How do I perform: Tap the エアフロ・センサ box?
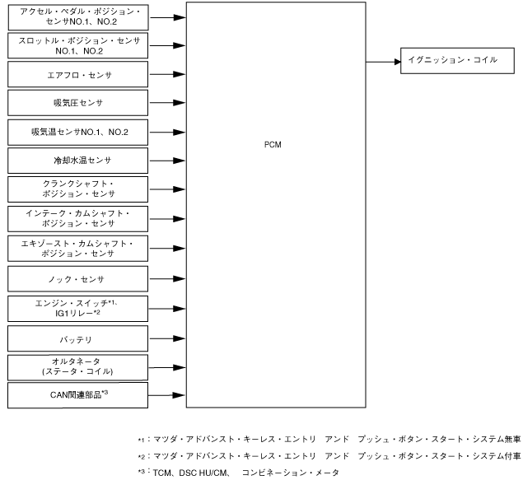point(79,75)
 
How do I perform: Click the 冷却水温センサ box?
point(79,160)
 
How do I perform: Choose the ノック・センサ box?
point(79,278)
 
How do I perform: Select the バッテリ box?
point(79,338)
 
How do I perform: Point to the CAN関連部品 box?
point(79,394)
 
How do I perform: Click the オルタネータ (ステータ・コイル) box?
point(79,366)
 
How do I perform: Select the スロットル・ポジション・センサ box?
point(79,44)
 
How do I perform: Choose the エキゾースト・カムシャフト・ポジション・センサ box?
point(79,248)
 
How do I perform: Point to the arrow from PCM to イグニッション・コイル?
point(382,60)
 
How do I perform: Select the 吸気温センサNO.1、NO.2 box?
point(79,132)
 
